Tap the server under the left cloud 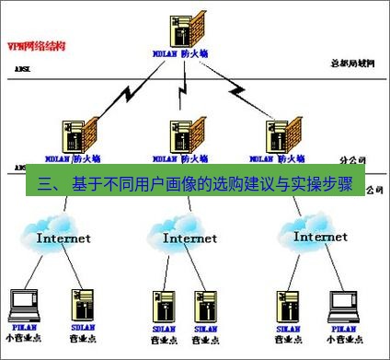(80, 304)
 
